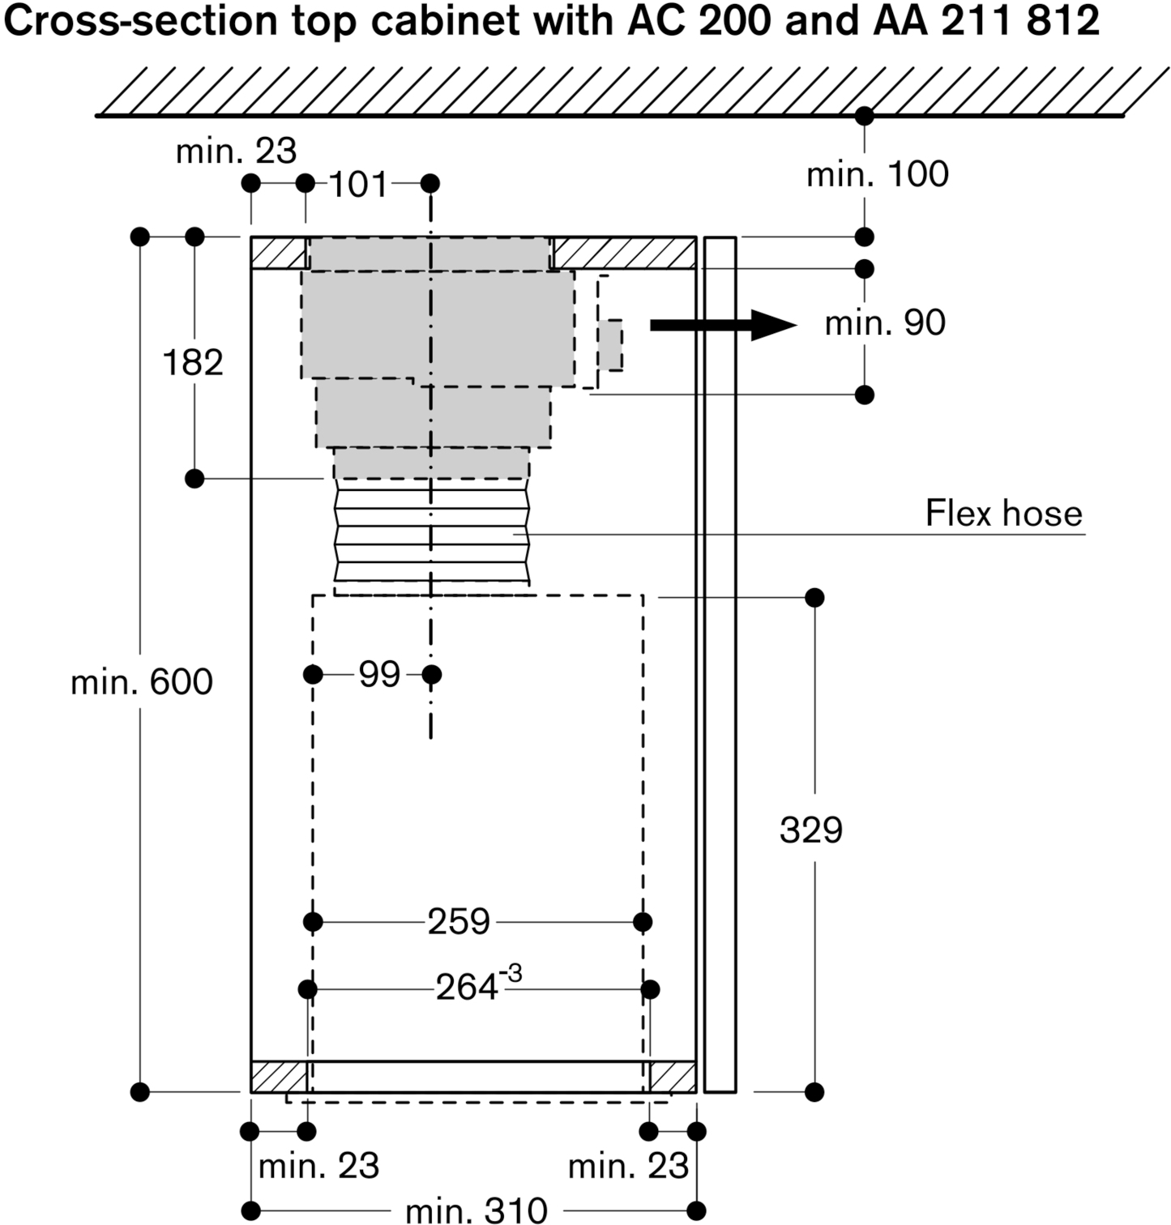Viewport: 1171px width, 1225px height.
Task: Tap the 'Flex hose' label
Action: (1003, 514)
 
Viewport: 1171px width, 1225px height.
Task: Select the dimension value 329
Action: (810, 830)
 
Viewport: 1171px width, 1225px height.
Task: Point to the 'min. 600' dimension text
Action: (142, 682)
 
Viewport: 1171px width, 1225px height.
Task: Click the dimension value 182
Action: (193, 362)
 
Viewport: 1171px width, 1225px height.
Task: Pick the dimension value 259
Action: (459, 922)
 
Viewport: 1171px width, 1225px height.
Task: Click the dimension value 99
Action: (379, 674)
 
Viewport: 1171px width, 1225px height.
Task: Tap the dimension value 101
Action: (359, 185)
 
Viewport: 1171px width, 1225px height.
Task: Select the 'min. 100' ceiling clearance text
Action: (877, 174)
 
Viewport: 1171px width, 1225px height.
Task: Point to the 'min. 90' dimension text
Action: (884, 322)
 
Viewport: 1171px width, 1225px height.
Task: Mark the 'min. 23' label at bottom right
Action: (628, 1167)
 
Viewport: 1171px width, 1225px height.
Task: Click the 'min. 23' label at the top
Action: (237, 151)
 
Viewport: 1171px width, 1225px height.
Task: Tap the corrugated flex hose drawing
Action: (431, 535)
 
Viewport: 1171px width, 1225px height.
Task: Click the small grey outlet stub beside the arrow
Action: (611, 345)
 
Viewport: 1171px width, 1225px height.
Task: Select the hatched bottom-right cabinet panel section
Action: (673, 1077)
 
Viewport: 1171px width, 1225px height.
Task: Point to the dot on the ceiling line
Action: (865, 116)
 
